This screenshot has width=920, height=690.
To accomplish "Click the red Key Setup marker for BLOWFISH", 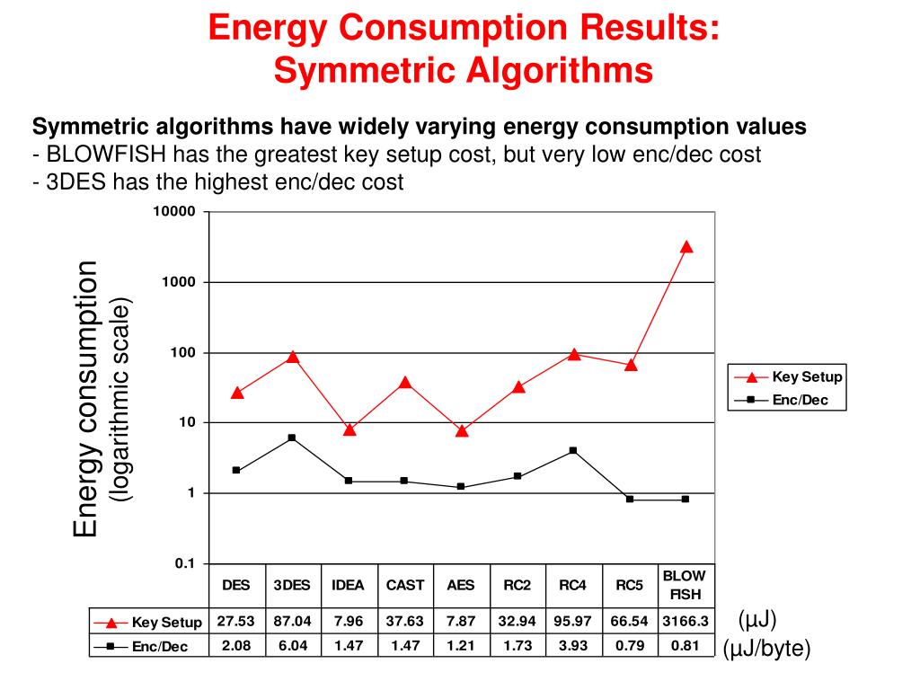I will (x=686, y=246).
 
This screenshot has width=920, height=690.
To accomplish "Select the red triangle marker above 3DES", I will (x=292, y=357).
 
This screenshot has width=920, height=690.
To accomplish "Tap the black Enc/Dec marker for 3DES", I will (x=292, y=438).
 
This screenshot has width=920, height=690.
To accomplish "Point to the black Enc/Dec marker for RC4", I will (x=573, y=450).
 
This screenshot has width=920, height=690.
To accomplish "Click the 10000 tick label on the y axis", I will (x=173, y=212).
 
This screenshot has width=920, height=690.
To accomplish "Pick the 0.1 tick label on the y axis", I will (x=184, y=563).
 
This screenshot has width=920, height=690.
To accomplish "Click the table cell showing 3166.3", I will (x=686, y=621).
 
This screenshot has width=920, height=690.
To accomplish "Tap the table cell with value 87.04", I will (x=292, y=621).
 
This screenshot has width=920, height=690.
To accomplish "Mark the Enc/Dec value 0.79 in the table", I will (x=629, y=645).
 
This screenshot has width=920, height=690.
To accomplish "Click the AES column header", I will (x=461, y=585).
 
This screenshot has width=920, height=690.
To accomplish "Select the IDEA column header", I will (x=348, y=585).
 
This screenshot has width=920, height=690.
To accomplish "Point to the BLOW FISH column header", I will (x=685, y=585).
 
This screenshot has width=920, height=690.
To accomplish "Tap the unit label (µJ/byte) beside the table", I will (x=767, y=649).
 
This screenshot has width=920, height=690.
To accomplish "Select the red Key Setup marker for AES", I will (x=461, y=430).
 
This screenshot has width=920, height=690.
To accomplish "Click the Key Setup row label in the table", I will (x=166, y=622).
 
